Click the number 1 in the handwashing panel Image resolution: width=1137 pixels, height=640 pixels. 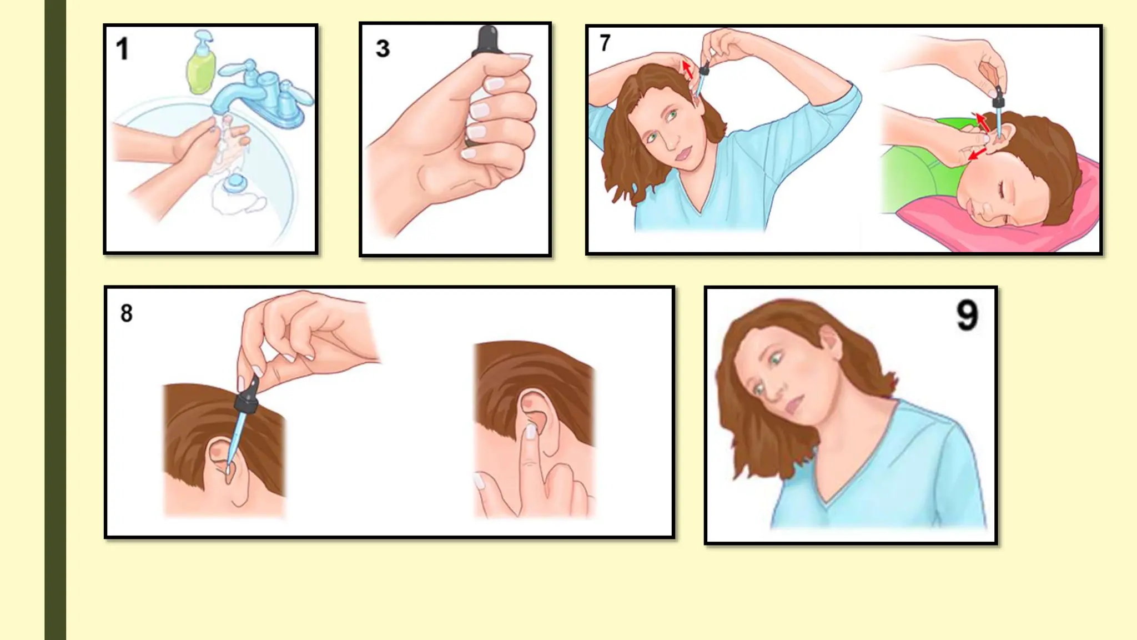pyautogui.click(x=123, y=49)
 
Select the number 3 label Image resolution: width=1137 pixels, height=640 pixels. pyautogui.click(x=383, y=49)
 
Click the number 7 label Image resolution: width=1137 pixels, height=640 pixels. pyautogui.click(x=605, y=43)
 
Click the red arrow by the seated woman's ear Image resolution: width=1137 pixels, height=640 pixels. pyautogui.click(x=687, y=70)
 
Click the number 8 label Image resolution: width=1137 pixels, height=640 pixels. pyautogui.click(x=127, y=313)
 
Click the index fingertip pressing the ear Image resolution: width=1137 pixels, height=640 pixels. pyautogui.click(x=531, y=430)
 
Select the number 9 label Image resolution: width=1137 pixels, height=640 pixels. pyautogui.click(x=967, y=316)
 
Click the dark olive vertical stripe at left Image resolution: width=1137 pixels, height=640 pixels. pyautogui.click(x=55, y=320)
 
